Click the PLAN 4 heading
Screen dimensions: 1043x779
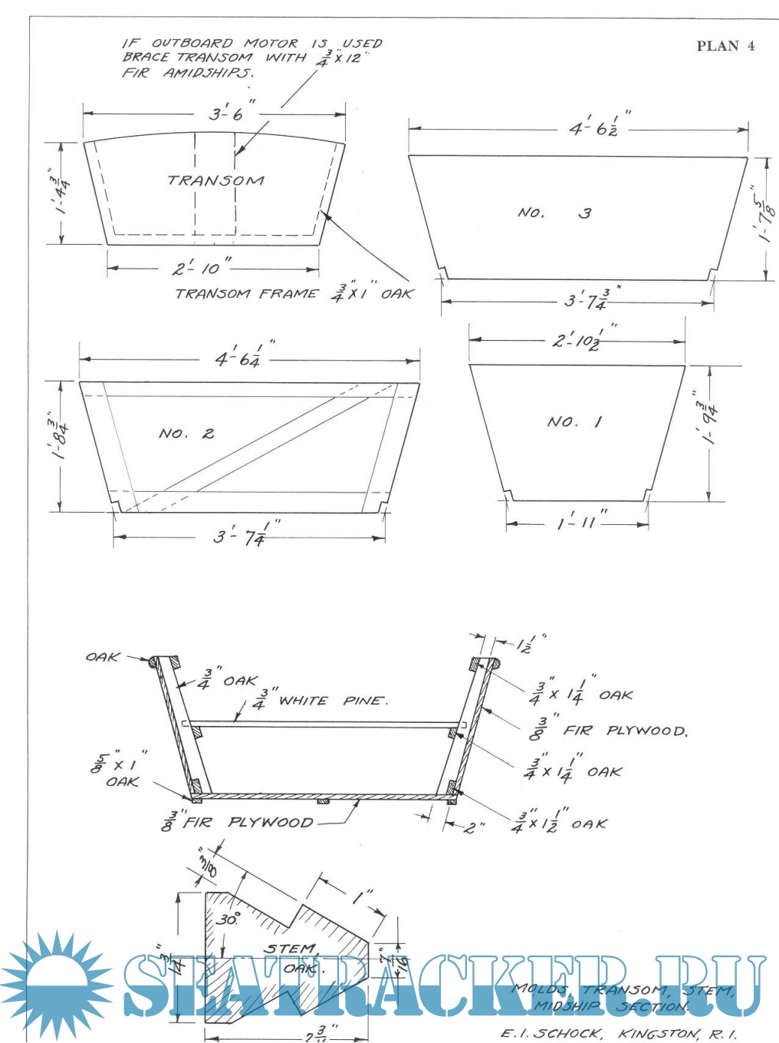(725, 46)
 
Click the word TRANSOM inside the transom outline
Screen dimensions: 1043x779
(215, 181)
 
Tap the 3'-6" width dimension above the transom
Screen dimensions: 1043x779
(225, 114)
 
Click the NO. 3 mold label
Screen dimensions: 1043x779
(554, 213)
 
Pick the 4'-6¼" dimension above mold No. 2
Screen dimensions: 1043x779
(239, 358)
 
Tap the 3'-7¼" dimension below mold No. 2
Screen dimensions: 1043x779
(241, 536)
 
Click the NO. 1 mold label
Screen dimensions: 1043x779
(574, 421)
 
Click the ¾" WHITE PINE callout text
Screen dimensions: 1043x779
(322, 700)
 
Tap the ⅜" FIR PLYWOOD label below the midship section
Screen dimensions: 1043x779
(237, 822)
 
